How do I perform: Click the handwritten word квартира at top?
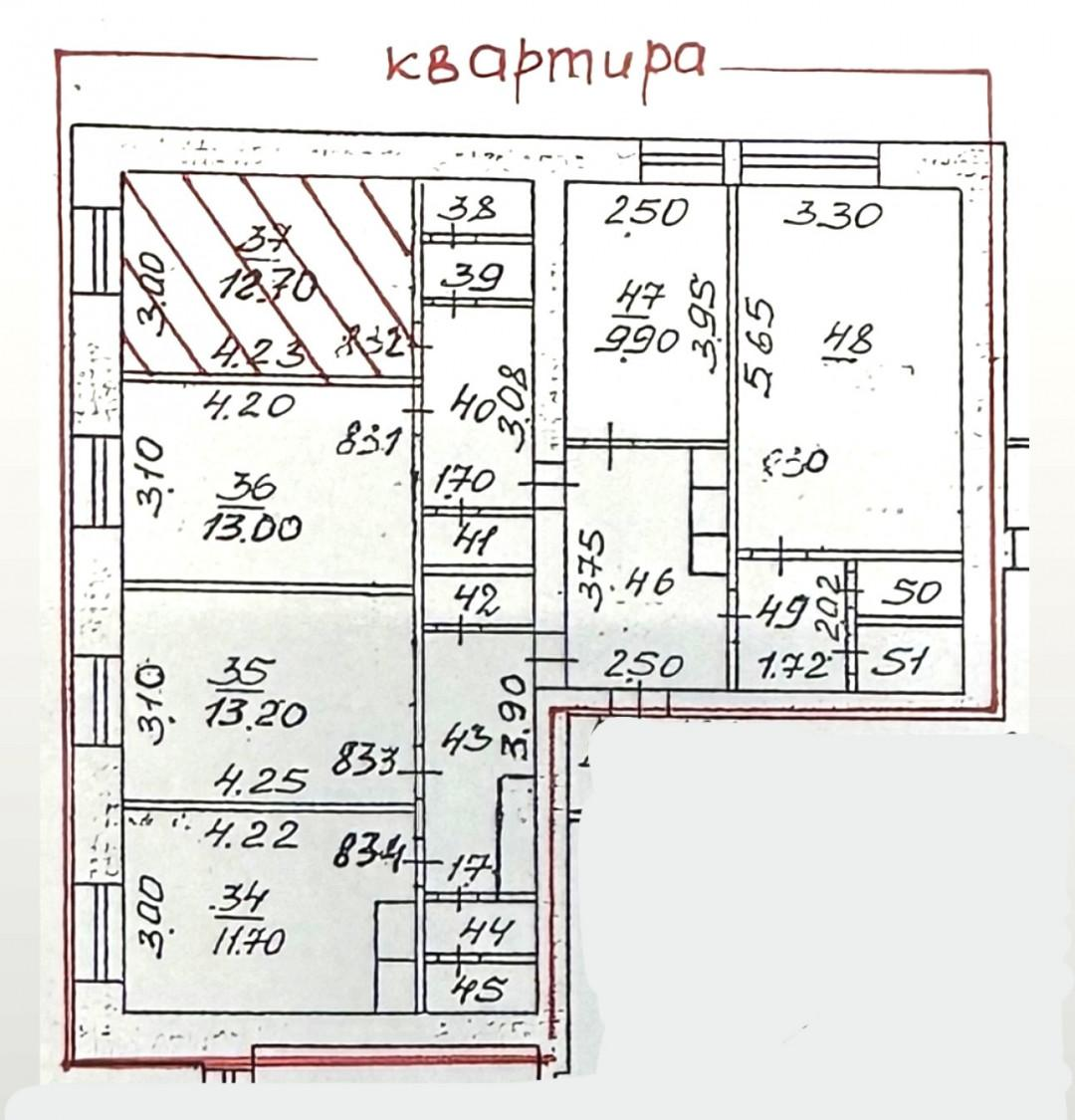point(544,63)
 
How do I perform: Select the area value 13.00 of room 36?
point(251,527)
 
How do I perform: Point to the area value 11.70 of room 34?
point(248,939)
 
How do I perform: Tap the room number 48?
point(847,339)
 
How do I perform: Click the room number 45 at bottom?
point(480,989)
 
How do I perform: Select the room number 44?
point(486,932)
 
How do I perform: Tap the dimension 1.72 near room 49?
point(793,663)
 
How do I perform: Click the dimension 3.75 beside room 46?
point(593,568)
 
